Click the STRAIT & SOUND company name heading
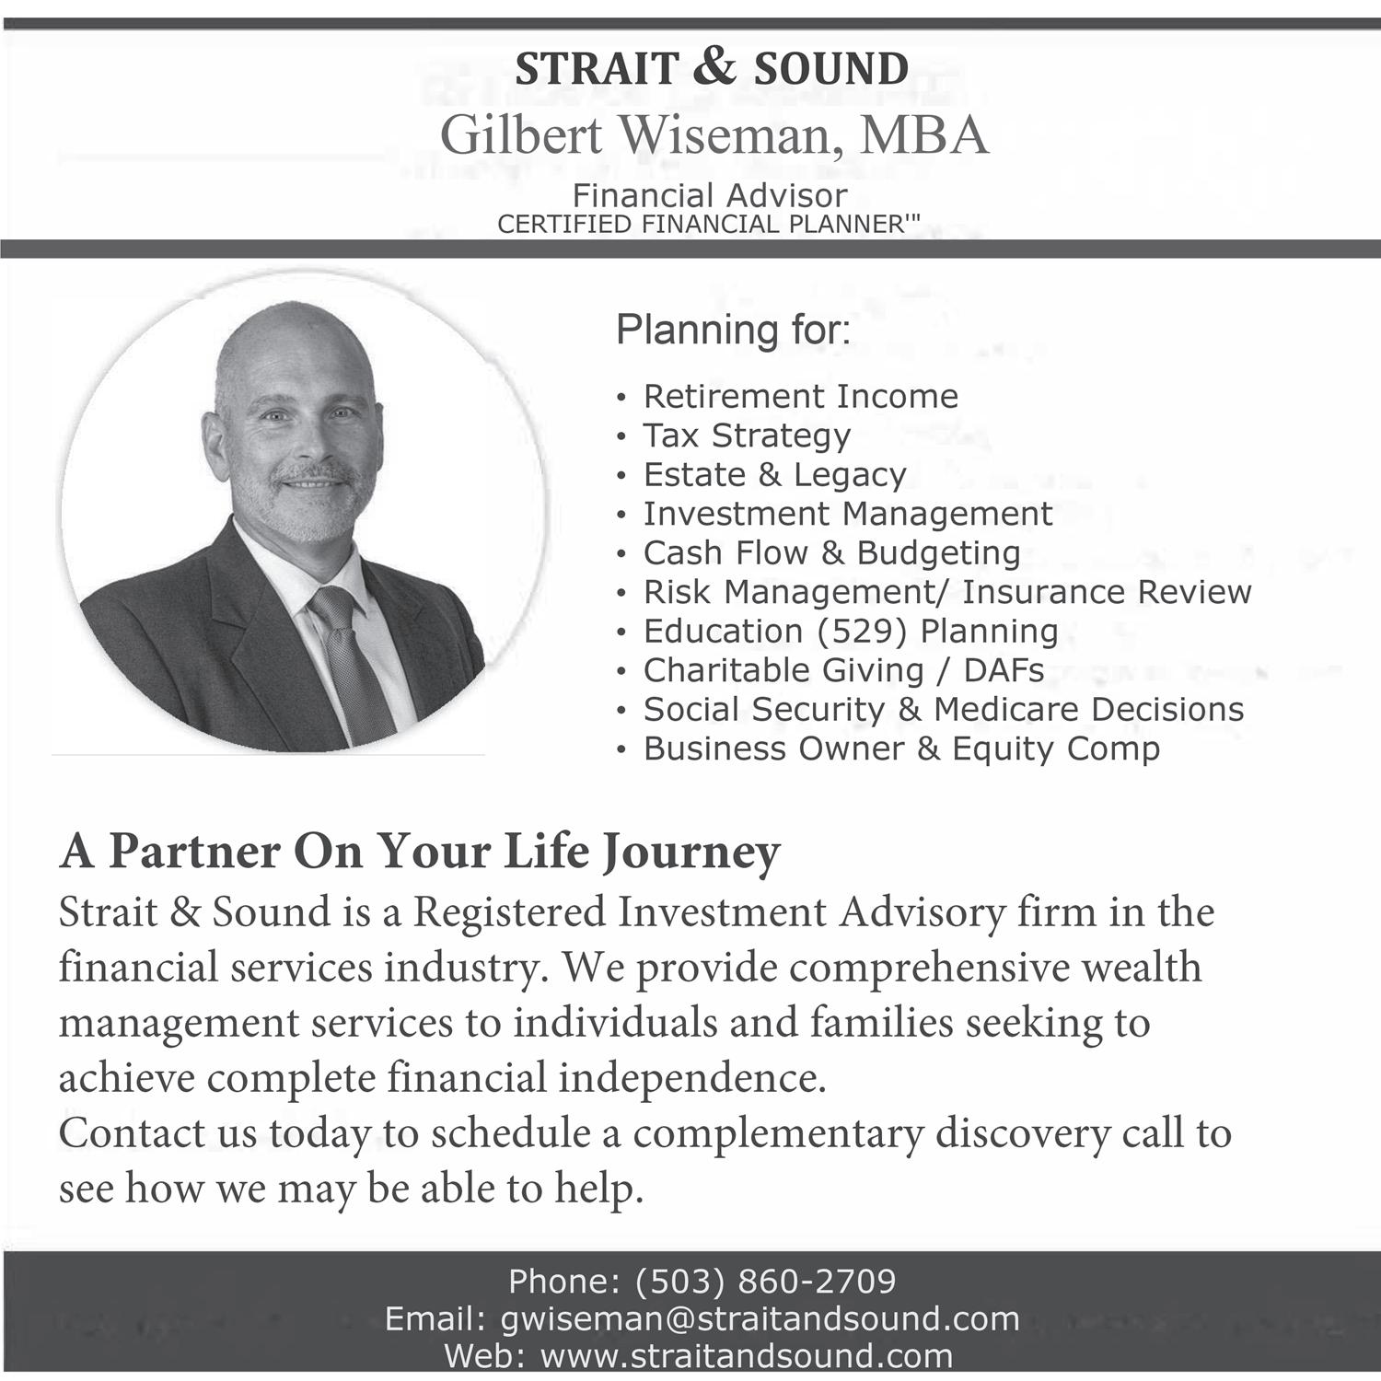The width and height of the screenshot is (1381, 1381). (x=712, y=69)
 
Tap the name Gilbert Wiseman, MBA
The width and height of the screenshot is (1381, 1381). (x=714, y=134)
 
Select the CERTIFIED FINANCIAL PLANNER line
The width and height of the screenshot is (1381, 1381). (x=708, y=224)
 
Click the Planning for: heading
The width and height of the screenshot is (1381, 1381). (x=733, y=330)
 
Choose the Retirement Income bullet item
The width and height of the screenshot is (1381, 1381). (x=800, y=397)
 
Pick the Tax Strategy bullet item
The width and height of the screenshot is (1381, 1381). (x=746, y=435)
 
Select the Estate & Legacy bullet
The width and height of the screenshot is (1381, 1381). (x=774, y=475)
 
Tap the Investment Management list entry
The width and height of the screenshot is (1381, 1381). (x=847, y=514)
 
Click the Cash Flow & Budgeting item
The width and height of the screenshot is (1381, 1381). (x=831, y=553)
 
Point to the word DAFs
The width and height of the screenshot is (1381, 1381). (x=1004, y=670)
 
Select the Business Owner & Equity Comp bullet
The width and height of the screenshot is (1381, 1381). (x=901, y=749)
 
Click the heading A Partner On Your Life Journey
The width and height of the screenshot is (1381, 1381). (x=420, y=851)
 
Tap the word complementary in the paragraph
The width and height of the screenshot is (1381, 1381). (x=778, y=1133)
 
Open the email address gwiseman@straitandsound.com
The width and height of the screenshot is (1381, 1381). (x=760, y=1318)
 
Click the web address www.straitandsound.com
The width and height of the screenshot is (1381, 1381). (x=746, y=1355)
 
